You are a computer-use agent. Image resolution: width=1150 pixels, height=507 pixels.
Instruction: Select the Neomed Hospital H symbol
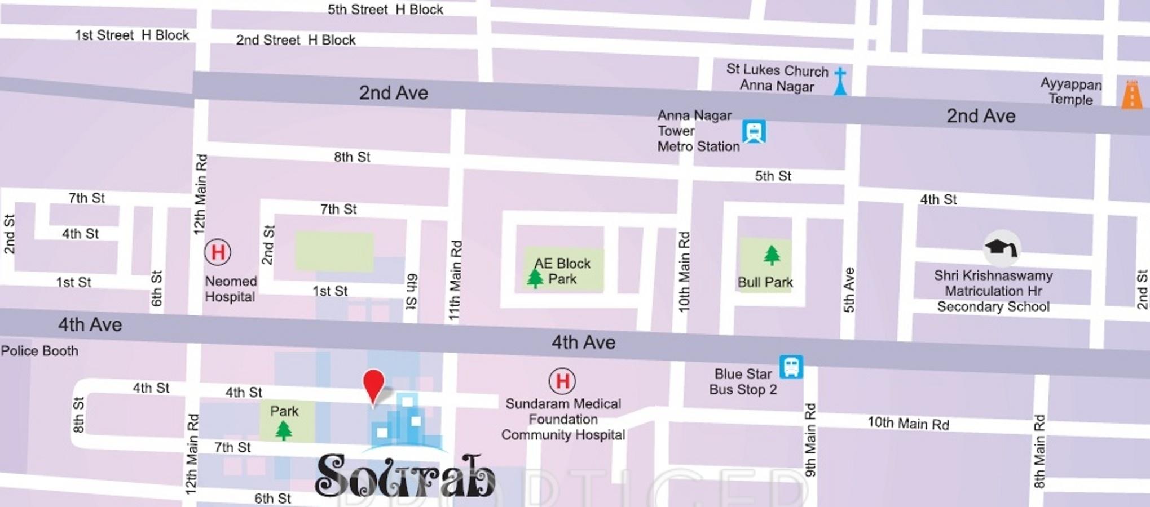pyautogui.click(x=218, y=252)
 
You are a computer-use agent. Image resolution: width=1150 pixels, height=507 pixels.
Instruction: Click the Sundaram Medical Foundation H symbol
pyautogui.click(x=562, y=381)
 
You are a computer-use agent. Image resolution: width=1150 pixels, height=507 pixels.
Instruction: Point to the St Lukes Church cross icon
pyautogui.click(x=840, y=81)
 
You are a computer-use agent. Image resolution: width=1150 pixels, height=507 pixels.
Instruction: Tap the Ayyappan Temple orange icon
pyautogui.click(x=1131, y=95)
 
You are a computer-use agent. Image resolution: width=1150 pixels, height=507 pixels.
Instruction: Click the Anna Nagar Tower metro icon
pyautogui.click(x=754, y=132)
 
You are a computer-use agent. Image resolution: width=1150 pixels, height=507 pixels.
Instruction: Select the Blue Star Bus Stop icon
pyautogui.click(x=791, y=367)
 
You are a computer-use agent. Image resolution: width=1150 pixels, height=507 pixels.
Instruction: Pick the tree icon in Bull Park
pyautogui.click(x=772, y=255)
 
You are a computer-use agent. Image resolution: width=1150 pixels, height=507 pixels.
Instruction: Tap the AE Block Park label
pyautogui.click(x=562, y=271)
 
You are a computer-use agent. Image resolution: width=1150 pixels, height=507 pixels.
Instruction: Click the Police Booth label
pyautogui.click(x=39, y=351)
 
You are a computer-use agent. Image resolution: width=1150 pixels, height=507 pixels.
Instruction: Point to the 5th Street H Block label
pyautogui.click(x=385, y=10)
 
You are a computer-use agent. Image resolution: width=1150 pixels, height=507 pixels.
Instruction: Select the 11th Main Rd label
pyautogui.click(x=455, y=281)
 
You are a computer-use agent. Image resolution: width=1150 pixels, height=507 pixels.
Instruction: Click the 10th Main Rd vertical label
pyautogui.click(x=684, y=272)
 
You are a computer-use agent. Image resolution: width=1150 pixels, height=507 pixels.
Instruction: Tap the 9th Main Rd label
pyautogui.click(x=810, y=440)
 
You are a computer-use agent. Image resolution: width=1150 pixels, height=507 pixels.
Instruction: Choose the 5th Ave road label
pyautogui.click(x=849, y=290)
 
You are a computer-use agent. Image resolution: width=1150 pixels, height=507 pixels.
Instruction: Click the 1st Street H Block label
pyautogui.click(x=132, y=35)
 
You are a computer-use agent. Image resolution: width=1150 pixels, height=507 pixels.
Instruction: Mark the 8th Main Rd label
pyautogui.click(x=1039, y=451)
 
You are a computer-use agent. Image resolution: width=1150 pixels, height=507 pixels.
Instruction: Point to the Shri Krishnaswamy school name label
pyautogui.click(x=993, y=291)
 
